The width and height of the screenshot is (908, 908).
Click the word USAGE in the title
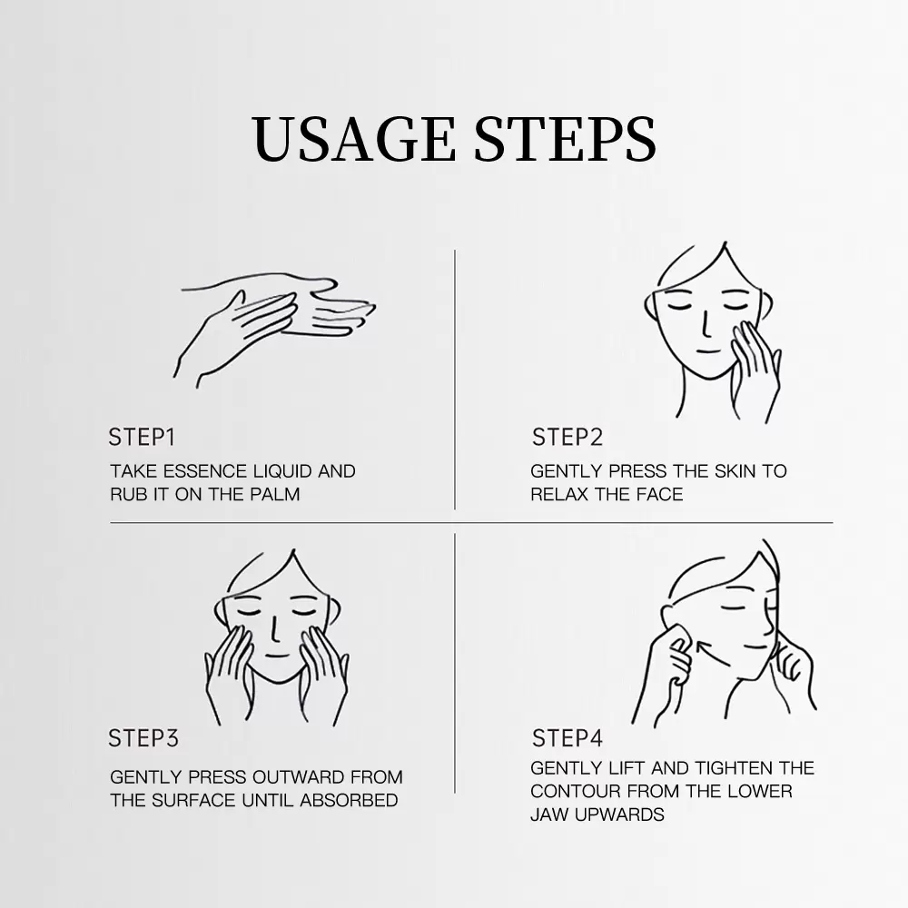354,139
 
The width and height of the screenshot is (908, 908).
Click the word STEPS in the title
565,139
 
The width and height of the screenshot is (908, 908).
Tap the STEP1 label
142,438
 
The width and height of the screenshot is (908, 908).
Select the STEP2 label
567,438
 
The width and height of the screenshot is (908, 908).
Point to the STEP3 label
143,738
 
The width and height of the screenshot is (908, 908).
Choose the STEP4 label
567,738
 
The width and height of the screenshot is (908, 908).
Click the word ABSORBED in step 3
349,800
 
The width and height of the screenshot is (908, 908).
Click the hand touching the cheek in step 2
755,370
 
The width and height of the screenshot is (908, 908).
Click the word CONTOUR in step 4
576,792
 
